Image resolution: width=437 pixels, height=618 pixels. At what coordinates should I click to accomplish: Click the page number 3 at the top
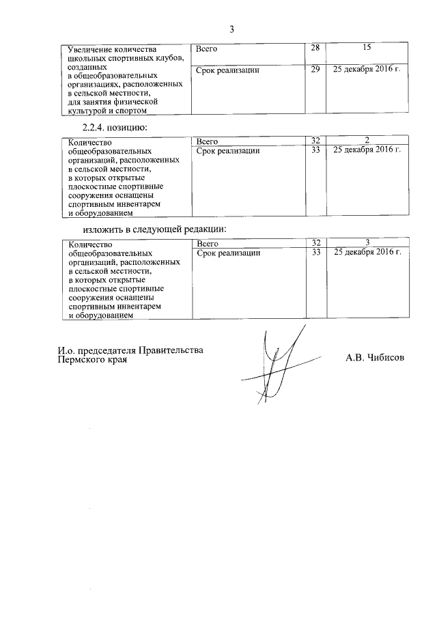point(231,29)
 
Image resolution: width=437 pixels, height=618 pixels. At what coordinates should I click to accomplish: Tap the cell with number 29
point(315,70)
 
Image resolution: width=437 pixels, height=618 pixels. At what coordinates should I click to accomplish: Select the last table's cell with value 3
point(367,243)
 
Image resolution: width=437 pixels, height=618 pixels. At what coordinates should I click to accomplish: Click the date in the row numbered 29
point(367,70)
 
